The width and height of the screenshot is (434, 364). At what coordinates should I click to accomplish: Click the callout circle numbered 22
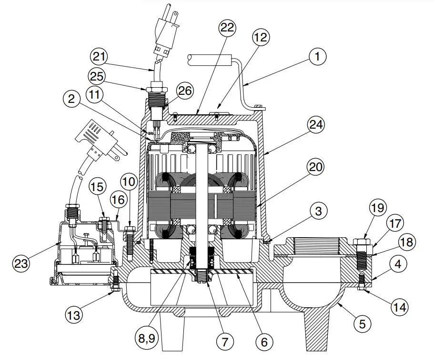click(x=227, y=28)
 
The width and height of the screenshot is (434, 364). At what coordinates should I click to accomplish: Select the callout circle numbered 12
click(x=261, y=37)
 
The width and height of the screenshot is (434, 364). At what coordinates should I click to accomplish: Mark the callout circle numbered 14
click(x=400, y=307)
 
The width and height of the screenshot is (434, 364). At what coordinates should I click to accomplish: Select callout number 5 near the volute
click(x=362, y=324)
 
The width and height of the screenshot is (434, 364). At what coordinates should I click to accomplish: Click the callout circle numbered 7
click(x=225, y=341)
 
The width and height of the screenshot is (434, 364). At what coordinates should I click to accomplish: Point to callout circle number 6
click(x=264, y=341)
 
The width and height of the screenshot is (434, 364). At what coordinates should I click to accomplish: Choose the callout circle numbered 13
click(x=75, y=315)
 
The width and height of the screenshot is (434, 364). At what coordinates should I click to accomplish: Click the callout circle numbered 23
click(x=22, y=263)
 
